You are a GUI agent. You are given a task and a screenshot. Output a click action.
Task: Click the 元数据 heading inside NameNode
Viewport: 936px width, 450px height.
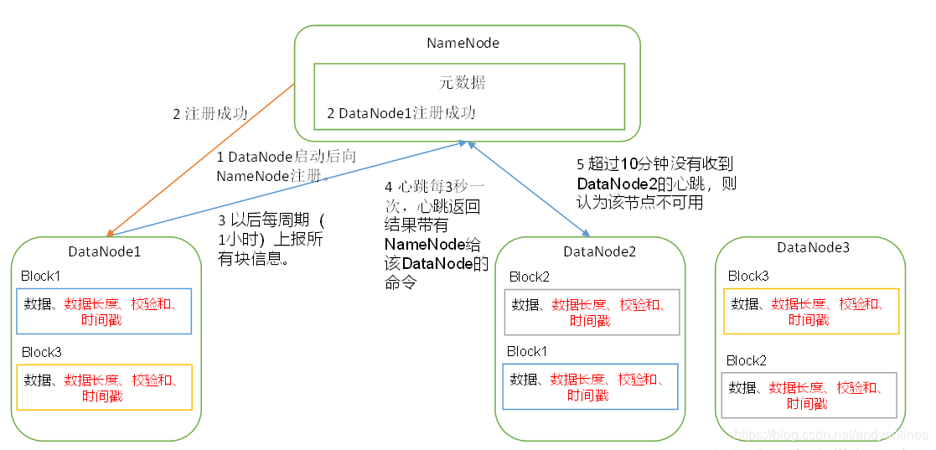tap(463, 83)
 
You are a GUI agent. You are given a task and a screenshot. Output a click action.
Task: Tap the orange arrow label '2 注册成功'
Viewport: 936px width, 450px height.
tap(210, 114)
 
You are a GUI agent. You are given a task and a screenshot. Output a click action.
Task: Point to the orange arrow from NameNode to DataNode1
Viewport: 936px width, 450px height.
tap(201, 159)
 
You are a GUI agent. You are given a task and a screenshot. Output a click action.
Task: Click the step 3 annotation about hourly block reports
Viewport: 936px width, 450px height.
tap(271, 240)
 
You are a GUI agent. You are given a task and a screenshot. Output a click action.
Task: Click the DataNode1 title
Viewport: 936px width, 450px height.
tap(105, 251)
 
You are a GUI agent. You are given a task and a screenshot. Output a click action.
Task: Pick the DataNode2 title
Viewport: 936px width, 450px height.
tap(600, 251)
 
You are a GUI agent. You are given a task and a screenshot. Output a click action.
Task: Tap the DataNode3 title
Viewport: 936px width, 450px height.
tap(813, 247)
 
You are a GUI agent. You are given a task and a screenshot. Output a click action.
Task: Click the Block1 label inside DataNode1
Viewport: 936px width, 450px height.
tap(41, 276)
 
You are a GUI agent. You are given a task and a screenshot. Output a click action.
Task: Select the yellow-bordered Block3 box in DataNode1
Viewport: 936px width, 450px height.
tap(104, 387)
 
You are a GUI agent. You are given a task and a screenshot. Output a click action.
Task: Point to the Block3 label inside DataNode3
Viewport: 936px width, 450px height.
tap(748, 276)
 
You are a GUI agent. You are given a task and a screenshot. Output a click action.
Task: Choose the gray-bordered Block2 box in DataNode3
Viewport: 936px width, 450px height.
tap(809, 395)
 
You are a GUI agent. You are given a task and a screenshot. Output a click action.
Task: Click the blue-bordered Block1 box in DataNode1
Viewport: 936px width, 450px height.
tap(104, 312)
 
